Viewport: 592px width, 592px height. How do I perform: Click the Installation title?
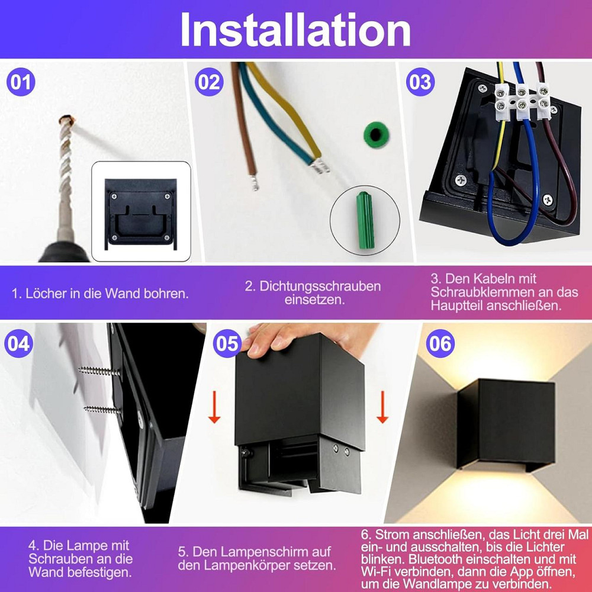click(x=295, y=30)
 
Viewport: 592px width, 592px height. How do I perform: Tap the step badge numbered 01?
click(x=21, y=82)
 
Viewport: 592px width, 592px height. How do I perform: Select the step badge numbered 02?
click(x=208, y=82)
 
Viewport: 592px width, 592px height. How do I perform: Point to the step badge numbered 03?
click(x=420, y=82)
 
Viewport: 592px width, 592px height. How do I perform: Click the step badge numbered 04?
click(x=18, y=344)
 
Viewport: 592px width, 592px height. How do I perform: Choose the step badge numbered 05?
click(x=227, y=344)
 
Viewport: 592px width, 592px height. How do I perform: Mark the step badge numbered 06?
click(x=440, y=344)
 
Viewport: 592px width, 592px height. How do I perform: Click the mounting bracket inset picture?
click(x=141, y=211)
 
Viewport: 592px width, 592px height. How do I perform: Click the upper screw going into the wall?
click(x=99, y=371)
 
